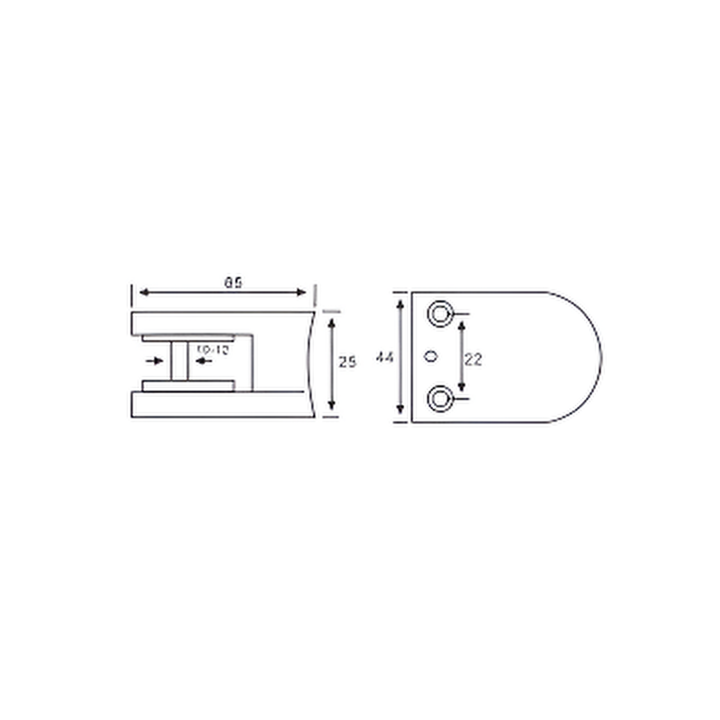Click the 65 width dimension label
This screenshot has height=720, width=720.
click(x=233, y=283)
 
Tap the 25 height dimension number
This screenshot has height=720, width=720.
click(x=347, y=362)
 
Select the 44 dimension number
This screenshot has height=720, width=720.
click(x=385, y=357)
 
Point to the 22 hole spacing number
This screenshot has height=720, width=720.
click(x=473, y=360)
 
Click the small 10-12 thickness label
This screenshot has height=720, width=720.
click(x=213, y=350)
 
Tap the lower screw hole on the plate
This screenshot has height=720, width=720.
click(x=440, y=399)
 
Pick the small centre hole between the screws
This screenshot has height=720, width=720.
click(x=430, y=357)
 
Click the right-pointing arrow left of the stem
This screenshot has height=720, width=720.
click(x=155, y=361)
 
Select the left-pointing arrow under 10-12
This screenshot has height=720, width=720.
click(x=203, y=361)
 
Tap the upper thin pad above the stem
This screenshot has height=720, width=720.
click(x=188, y=338)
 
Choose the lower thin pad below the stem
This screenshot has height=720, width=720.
click(x=188, y=386)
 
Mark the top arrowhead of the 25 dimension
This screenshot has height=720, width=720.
click(x=332, y=324)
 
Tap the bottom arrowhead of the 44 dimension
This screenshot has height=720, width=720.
click(x=401, y=409)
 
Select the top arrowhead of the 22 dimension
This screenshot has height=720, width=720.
click(x=462, y=326)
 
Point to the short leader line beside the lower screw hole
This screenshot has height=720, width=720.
click(x=461, y=398)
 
